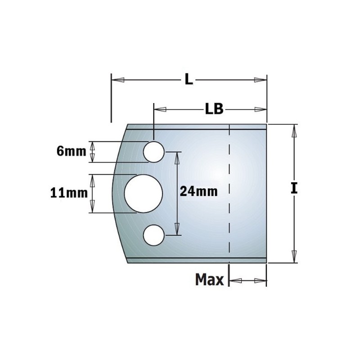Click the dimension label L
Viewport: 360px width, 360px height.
(189, 80)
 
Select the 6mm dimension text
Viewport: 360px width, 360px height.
(71, 151)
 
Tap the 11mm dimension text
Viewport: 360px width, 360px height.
(68, 193)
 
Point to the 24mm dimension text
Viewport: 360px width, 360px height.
(198, 191)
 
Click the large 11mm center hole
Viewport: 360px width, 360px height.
(143, 193)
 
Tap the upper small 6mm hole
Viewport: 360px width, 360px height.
(153, 152)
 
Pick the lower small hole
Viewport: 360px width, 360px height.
(153, 234)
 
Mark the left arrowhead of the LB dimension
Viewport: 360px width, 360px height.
(160, 109)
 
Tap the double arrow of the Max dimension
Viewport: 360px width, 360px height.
(247, 280)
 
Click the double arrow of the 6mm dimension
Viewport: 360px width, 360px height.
(93, 152)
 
